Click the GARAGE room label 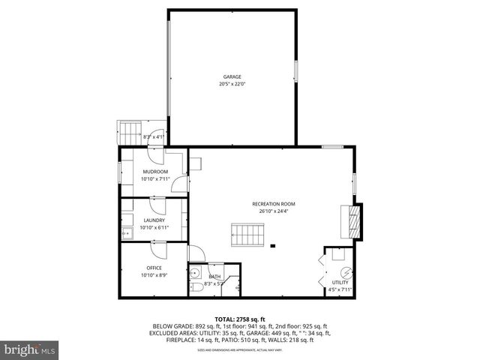[232, 76]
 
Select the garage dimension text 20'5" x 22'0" [232, 84]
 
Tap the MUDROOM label [155, 172]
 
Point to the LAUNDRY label [154, 220]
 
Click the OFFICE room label [154, 268]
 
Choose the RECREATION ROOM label [273, 204]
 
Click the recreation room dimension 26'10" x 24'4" [273, 211]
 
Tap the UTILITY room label [340, 283]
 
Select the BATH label [215, 277]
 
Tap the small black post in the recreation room [274, 245]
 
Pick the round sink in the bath [194, 273]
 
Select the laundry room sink [126, 233]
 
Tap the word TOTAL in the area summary [226, 319]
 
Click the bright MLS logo [29, 349]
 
